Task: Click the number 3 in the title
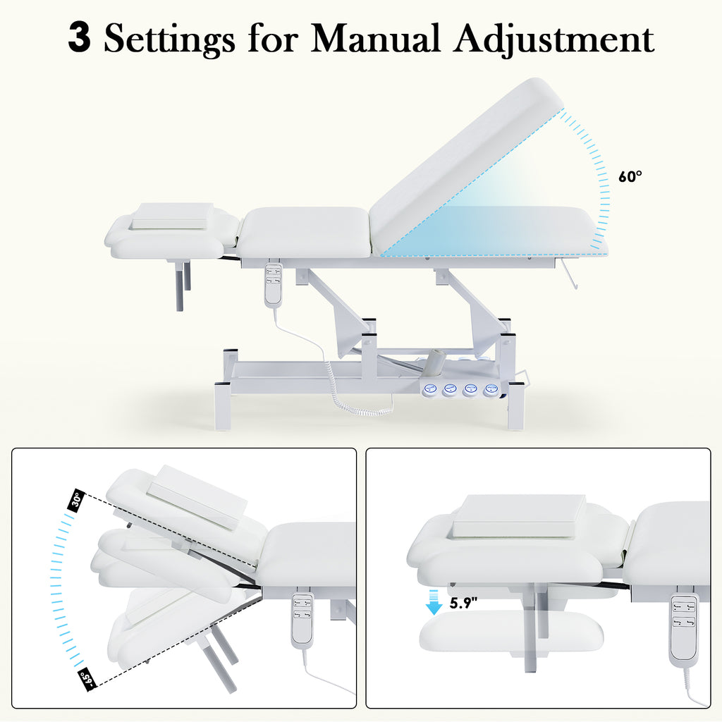(79, 38)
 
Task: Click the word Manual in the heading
(375, 38)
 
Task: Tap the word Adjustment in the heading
(554, 39)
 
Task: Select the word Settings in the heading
(169, 40)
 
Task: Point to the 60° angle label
(630, 176)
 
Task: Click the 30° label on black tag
(76, 500)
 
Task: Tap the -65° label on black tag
(87, 680)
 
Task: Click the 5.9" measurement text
(463, 603)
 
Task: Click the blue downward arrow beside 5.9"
(434, 602)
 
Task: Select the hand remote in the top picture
(274, 283)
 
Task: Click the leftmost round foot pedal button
(431, 389)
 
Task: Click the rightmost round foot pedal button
(491, 389)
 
